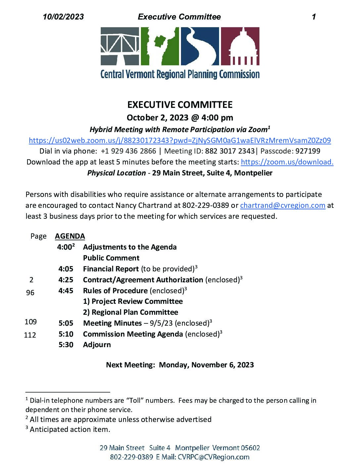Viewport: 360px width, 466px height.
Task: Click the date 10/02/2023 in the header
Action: pos(63,17)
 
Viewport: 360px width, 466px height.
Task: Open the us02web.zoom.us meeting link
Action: pos(180,140)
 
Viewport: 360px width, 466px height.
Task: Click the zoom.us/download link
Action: pos(287,162)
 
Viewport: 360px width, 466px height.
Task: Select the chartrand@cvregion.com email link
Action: pos(283,205)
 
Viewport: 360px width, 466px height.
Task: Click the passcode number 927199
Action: pos(308,151)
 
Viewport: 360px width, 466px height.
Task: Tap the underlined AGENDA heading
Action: pos(70,236)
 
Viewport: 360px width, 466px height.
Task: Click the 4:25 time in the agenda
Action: pos(66,280)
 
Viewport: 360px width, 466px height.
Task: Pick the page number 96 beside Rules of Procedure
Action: pos(30,293)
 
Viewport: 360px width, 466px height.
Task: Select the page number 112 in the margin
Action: pos(30,335)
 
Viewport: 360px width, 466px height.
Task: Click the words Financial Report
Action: pos(111,269)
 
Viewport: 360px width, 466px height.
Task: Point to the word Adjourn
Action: pos(97,345)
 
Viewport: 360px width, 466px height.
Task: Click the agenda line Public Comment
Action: pos(111,258)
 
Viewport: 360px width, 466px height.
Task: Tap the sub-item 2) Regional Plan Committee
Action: pos(130,312)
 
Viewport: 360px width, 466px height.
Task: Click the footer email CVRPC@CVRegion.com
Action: pos(213,457)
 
